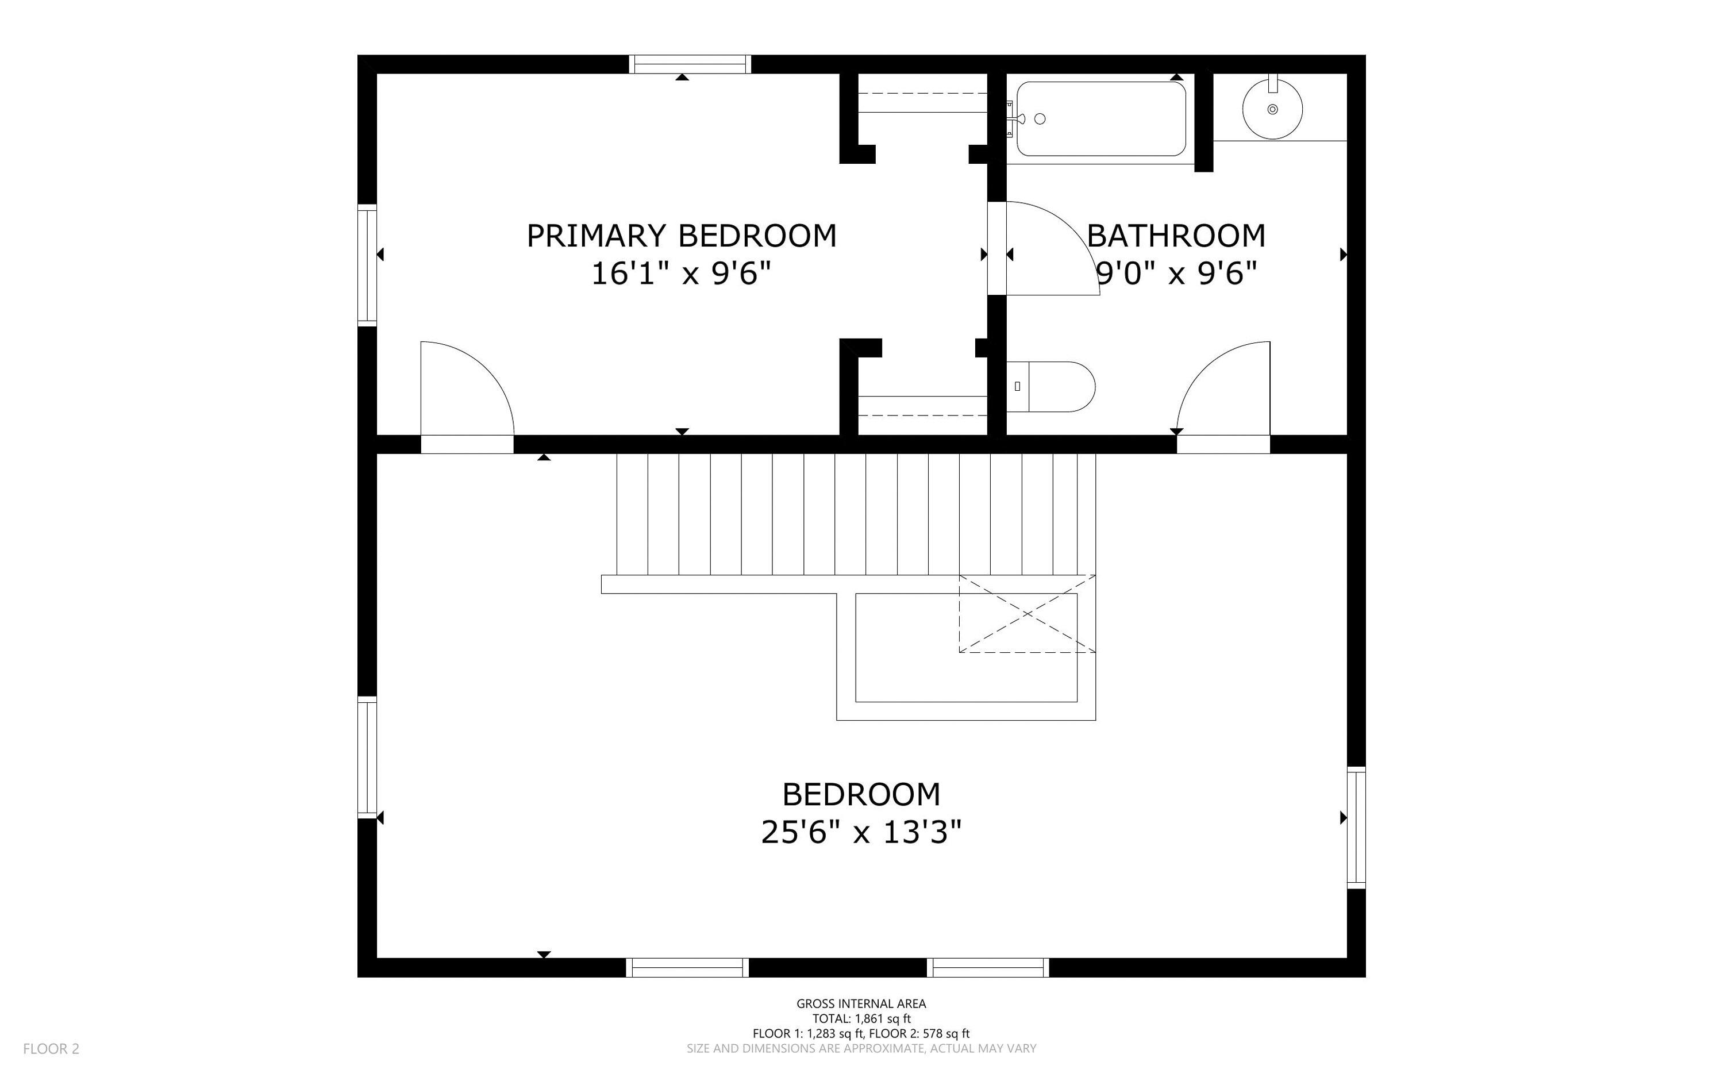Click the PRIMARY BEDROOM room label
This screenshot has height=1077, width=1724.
pyautogui.click(x=682, y=236)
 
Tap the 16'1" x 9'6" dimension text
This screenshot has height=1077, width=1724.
pyautogui.click(x=682, y=274)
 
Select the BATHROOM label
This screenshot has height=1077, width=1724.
pyautogui.click(x=1176, y=236)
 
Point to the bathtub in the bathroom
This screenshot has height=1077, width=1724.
pyautogui.click(x=1101, y=119)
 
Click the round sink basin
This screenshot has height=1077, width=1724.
pyautogui.click(x=1272, y=110)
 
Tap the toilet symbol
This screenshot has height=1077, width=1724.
pyautogui.click(x=1050, y=387)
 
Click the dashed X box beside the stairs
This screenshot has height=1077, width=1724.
pyautogui.click(x=1027, y=613)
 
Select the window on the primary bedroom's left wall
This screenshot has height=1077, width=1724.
pyautogui.click(x=367, y=265)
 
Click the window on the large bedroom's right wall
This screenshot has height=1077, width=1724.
pyautogui.click(x=1357, y=827)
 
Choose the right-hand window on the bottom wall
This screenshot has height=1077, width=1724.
pyautogui.click(x=988, y=967)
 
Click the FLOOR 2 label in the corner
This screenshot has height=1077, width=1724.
pyautogui.click(x=51, y=1048)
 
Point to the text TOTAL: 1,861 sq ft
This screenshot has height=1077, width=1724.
pyautogui.click(x=861, y=1018)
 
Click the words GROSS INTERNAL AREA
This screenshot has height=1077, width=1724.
pyautogui.click(x=861, y=1003)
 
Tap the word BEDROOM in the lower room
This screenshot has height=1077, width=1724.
pyautogui.click(x=861, y=794)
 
